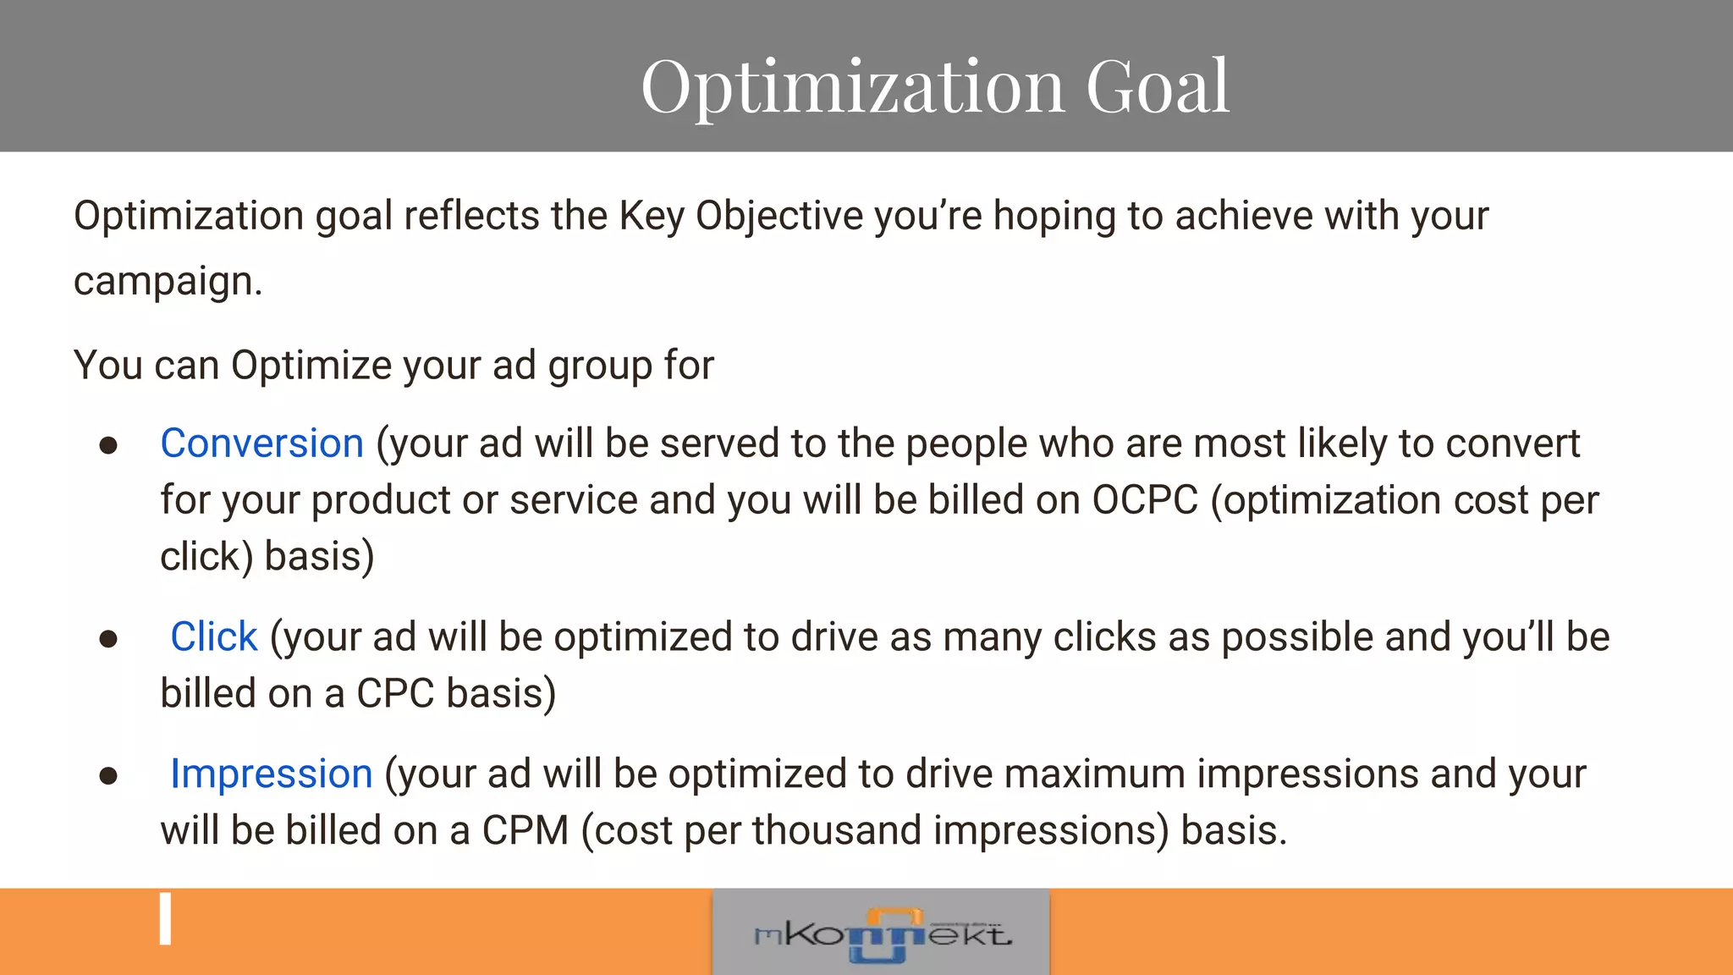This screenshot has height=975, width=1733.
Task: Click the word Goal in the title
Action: [x=1157, y=86]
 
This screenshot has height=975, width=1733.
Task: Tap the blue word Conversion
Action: [x=261, y=443]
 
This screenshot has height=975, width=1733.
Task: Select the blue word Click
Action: [x=213, y=636]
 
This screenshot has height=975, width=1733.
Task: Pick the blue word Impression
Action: [x=271, y=774]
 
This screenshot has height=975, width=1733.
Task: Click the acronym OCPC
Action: [x=1145, y=500]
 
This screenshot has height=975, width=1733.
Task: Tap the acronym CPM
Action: [x=525, y=830]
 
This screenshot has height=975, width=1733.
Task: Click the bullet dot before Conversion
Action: [x=108, y=446]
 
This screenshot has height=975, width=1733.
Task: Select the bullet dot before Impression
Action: [x=108, y=776]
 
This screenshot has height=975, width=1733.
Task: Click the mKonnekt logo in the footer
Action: [x=881, y=934]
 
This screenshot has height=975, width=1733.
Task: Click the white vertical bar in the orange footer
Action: [x=166, y=918]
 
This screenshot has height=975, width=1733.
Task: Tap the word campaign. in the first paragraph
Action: [x=168, y=282]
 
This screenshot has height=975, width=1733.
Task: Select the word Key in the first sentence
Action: [x=652, y=216]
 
